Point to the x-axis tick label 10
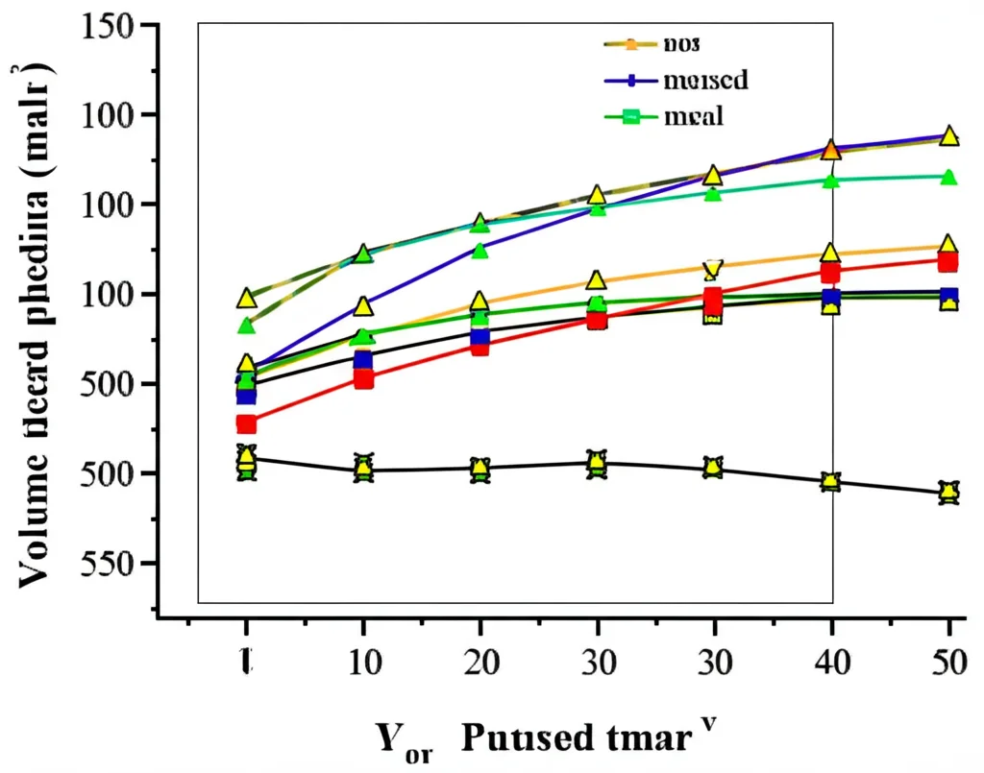(363, 663)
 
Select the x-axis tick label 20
(480, 663)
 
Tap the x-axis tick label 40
(831, 663)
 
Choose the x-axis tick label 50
(948, 663)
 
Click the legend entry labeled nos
(682, 44)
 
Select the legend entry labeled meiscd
(704, 80)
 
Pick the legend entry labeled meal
(692, 117)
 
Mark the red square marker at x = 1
(247, 423)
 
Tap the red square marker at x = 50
(947, 262)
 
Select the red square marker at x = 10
(363, 378)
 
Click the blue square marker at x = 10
(363, 361)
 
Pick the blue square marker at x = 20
(480, 337)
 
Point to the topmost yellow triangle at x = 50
(948, 136)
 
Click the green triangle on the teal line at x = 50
(948, 177)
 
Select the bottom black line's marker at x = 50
(948, 493)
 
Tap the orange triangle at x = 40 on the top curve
(831, 151)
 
